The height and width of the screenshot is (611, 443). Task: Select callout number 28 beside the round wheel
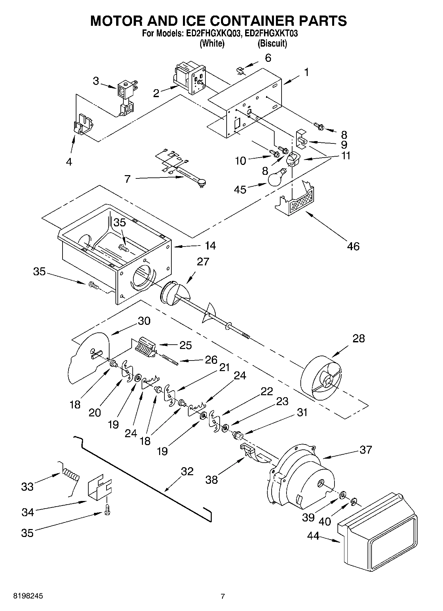tap(358, 338)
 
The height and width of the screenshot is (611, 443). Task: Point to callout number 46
tap(353, 246)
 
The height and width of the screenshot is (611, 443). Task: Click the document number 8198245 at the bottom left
tap(28, 596)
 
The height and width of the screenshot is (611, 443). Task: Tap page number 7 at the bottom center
tap(223, 596)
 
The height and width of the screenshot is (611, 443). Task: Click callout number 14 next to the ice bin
tap(210, 246)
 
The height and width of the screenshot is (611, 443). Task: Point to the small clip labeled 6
tap(241, 70)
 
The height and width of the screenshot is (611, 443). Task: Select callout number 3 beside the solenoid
tap(96, 81)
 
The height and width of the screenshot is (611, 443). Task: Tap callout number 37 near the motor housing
tap(366, 450)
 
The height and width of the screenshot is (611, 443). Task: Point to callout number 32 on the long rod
tap(187, 471)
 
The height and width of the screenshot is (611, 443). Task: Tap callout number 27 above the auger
tap(203, 261)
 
